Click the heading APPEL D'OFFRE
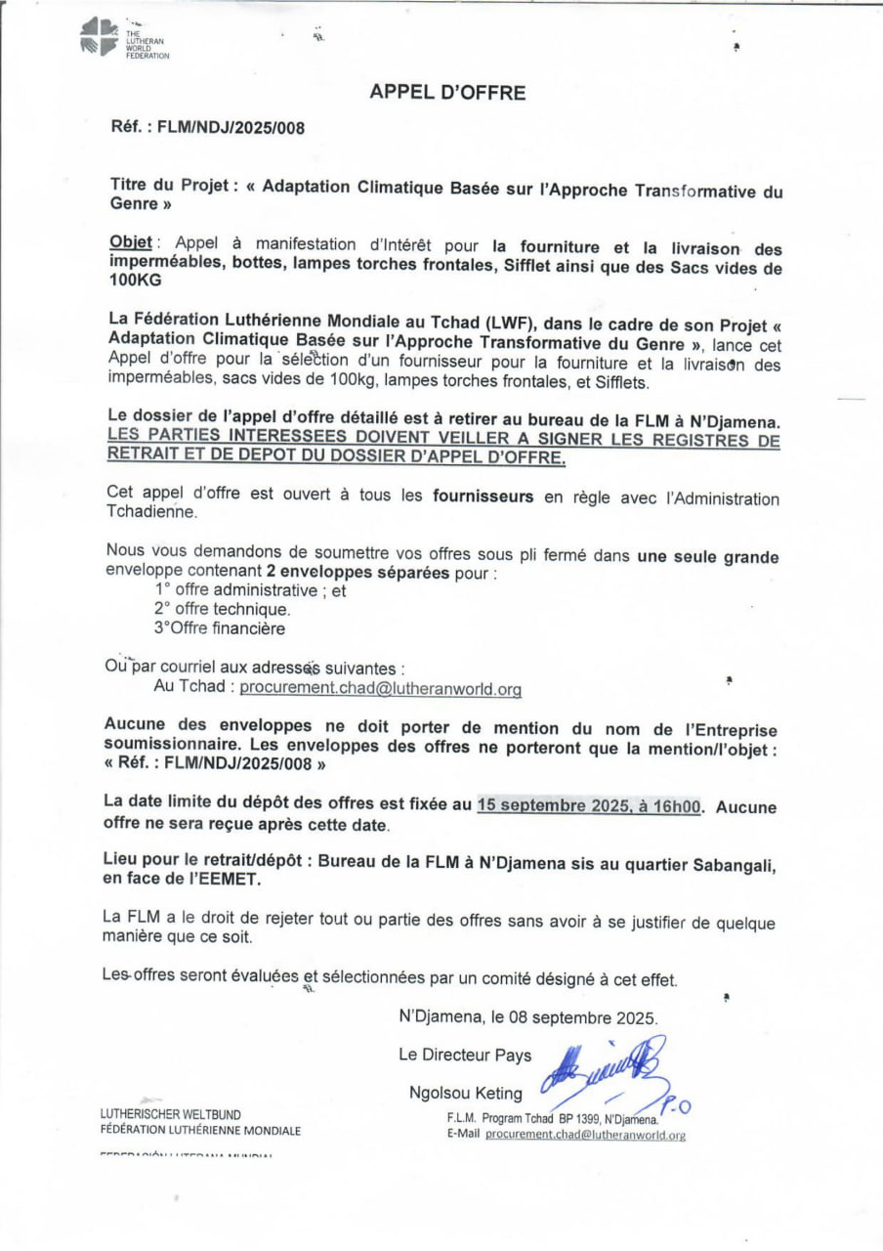coord(447,93)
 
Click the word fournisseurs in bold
coord(484,496)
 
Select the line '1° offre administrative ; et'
coord(251,590)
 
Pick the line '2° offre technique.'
coord(222,609)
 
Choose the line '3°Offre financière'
coord(220,627)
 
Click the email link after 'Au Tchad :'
coord(381,689)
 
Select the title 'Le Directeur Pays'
coord(465,1055)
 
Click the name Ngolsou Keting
coord(466,1093)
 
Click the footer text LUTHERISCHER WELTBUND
coord(171,1114)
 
